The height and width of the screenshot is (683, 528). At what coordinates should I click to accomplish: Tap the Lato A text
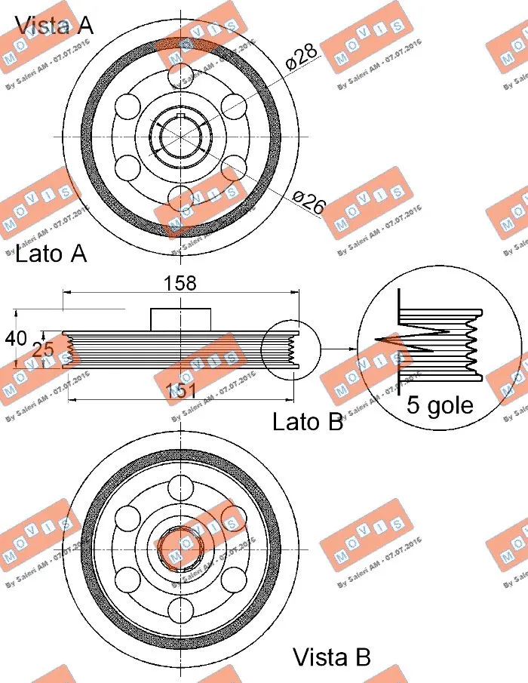[51, 254]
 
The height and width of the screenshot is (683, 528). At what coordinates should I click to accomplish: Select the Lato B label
[308, 421]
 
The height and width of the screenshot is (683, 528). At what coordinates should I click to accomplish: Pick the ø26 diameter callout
[309, 202]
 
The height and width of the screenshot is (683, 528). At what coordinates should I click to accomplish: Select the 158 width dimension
[180, 283]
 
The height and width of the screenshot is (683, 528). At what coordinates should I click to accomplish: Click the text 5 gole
[440, 405]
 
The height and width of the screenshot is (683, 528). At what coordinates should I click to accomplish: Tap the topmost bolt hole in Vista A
[181, 75]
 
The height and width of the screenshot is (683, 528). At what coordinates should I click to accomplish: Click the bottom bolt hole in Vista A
[181, 198]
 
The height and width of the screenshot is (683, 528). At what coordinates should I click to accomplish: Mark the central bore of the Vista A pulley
[181, 136]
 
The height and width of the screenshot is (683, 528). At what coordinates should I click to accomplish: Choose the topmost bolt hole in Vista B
[181, 487]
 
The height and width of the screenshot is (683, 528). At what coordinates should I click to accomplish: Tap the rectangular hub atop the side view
[181, 319]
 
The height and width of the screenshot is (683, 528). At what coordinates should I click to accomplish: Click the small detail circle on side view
[290, 349]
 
